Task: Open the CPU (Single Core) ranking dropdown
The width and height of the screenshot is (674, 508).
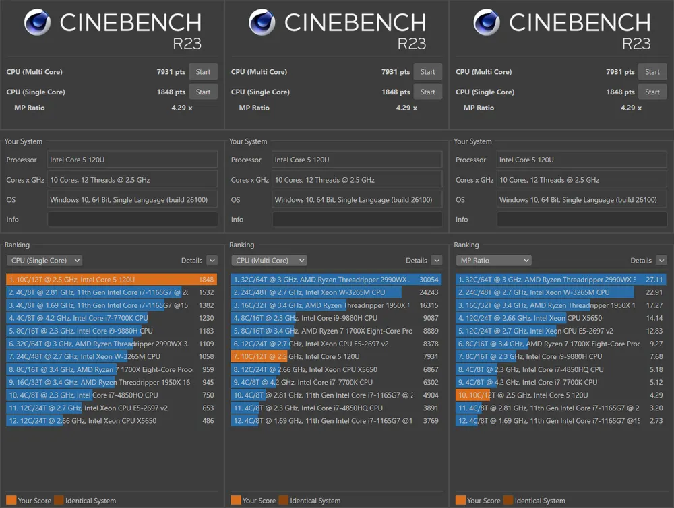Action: (x=44, y=261)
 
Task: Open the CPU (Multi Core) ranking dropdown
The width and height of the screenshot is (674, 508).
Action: (x=269, y=261)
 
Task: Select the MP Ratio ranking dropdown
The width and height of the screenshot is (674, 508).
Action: (x=493, y=261)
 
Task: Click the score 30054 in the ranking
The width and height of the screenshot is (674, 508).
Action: (x=429, y=280)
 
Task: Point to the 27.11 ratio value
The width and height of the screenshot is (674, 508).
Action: (x=654, y=280)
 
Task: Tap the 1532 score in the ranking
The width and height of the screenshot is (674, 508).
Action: (x=206, y=292)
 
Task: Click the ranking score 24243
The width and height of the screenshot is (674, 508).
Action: (x=429, y=292)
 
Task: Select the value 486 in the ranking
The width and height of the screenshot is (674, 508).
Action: (x=207, y=421)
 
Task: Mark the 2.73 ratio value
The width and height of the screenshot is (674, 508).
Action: (x=655, y=421)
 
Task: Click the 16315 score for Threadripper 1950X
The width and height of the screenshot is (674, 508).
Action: (x=429, y=305)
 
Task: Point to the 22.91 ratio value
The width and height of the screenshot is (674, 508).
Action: (x=654, y=292)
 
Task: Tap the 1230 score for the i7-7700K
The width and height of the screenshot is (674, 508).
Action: (x=206, y=318)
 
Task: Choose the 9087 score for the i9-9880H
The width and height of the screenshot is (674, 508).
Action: (x=430, y=318)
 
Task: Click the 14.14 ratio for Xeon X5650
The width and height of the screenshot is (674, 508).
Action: (x=654, y=318)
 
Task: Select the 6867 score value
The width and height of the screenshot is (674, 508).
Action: (x=430, y=370)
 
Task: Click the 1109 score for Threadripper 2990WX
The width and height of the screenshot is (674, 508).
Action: (x=206, y=344)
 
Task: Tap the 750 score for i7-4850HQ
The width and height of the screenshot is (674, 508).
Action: (x=207, y=395)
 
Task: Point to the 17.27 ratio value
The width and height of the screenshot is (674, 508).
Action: (x=654, y=305)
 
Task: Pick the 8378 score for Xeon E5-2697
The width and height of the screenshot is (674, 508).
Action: (x=430, y=344)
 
